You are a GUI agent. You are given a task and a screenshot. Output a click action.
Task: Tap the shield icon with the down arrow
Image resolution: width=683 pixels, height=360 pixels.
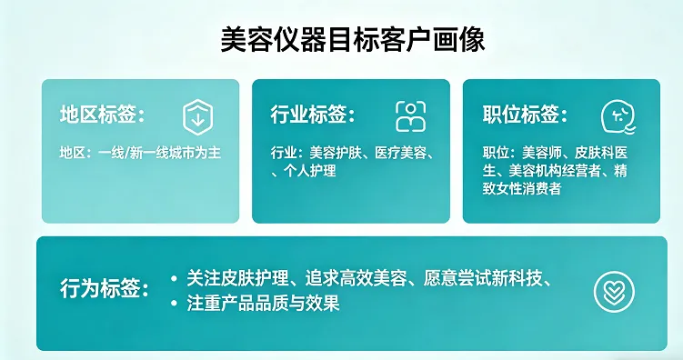[197, 116]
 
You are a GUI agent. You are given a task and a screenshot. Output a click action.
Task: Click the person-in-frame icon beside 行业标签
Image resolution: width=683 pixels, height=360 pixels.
[410, 116]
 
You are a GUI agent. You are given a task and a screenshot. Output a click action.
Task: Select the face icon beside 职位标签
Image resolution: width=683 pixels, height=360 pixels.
[618, 116]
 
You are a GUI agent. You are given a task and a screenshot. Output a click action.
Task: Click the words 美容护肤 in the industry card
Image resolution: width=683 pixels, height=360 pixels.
[337, 153]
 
